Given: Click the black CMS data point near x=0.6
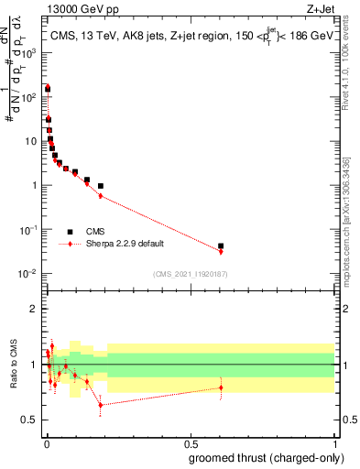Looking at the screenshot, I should pyautogui.click(x=221, y=245).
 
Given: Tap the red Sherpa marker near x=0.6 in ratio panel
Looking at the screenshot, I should pyautogui.click(x=221, y=387).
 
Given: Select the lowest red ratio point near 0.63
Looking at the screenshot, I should pyautogui.click(x=101, y=405).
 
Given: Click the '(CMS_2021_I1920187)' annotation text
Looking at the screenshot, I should pyautogui.click(x=190, y=274).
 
